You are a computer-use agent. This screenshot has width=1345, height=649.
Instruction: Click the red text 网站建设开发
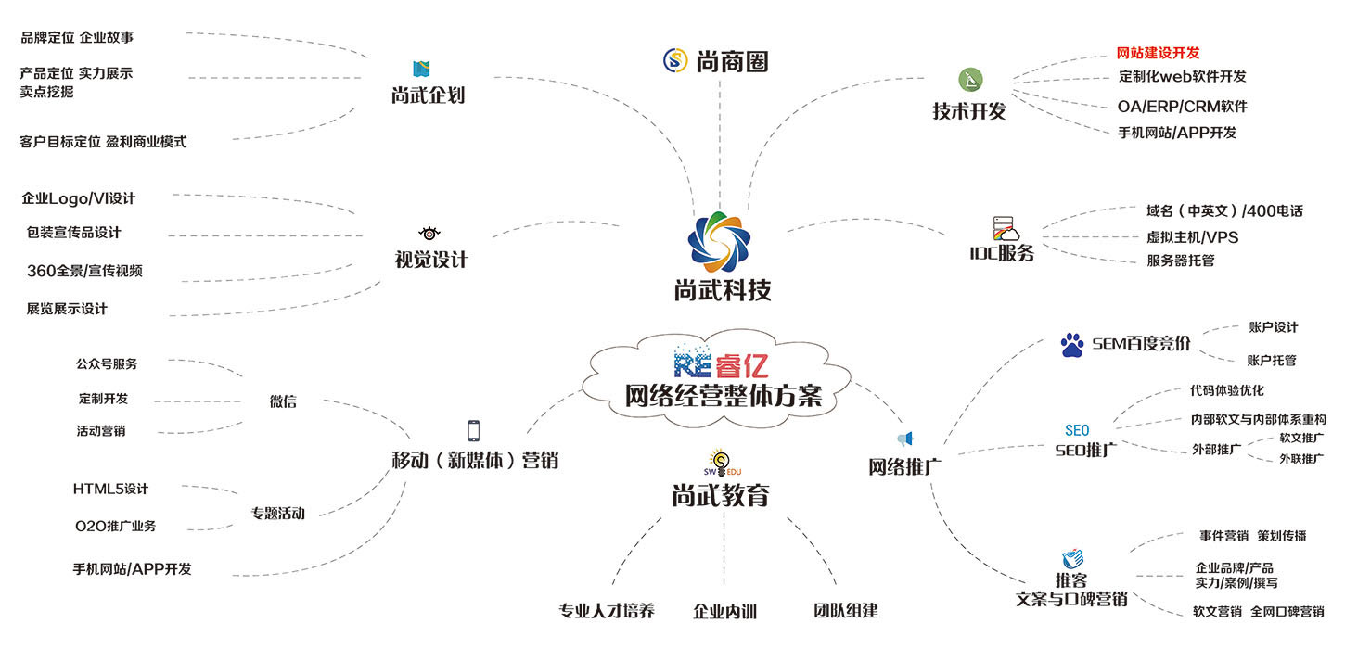1157,53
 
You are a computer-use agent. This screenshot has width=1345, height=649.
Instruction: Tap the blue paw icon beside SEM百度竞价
1072,346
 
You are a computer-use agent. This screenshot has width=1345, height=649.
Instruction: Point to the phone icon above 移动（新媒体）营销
474,430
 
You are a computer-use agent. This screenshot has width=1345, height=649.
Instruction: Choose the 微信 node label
283,401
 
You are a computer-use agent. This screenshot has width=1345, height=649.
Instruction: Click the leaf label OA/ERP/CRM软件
1182,106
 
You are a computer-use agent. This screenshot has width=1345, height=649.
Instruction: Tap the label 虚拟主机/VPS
1192,236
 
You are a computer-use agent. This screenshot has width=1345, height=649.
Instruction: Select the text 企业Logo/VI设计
79,198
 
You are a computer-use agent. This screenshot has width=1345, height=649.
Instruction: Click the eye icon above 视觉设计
429,233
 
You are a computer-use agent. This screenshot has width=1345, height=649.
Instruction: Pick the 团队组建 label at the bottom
845,610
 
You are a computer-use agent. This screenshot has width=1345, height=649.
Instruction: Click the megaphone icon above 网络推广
905,439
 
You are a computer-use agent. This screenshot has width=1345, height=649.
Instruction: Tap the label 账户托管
1273,360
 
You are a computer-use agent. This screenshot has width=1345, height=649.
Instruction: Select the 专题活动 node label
278,513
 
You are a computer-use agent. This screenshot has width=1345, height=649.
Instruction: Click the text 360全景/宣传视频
84,271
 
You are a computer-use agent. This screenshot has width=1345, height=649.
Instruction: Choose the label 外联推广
1301,458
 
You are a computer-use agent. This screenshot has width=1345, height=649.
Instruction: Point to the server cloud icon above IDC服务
1006,229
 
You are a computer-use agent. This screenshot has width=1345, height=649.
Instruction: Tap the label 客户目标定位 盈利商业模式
103,142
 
